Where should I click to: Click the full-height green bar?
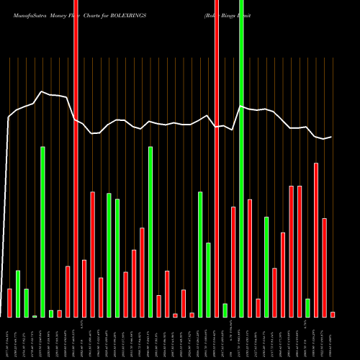pyautogui.click(x=241, y=158)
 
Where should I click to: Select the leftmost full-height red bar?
pyautogui.click(x=76, y=158)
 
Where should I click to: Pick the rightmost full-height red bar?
pyautogui.click(x=216, y=158)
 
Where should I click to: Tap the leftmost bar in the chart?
pyautogui.click(x=9, y=302)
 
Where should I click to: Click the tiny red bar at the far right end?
pyautogui.click(x=333, y=314)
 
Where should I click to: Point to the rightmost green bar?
pyautogui.click(x=307, y=307)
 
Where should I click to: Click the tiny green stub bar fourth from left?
pyautogui.click(x=35, y=316)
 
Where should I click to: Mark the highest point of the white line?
pyautogui.click(x=42, y=91)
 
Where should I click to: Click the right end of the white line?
pyautogui.click(x=332, y=137)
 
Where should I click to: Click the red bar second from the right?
pyautogui.click(x=325, y=267)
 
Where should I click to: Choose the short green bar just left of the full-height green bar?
pyautogui.click(x=225, y=310)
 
